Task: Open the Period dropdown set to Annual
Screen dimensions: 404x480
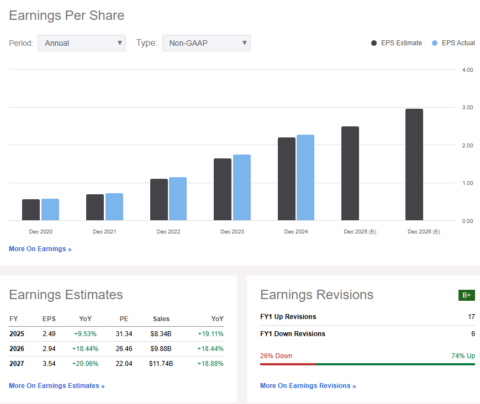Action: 81,43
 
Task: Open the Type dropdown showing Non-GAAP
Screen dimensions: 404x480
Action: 206,43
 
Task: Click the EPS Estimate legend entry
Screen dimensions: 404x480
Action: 397,43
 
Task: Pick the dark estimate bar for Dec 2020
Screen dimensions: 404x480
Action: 31,210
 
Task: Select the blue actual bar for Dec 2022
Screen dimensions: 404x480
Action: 178,199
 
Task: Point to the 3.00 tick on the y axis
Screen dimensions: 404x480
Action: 467,107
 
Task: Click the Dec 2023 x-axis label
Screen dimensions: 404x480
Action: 233,232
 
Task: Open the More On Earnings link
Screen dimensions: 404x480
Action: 40,249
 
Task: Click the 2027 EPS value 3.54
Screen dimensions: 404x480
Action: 49,364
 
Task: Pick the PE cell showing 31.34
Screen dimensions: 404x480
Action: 124,334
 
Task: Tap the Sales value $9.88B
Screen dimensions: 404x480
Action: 161,349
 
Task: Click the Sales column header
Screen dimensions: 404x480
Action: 161,319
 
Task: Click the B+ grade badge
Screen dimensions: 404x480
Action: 467,295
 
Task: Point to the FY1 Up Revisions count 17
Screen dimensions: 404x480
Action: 471,317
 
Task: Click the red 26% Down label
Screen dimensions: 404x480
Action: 276,356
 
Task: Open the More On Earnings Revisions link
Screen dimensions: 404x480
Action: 308,386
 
